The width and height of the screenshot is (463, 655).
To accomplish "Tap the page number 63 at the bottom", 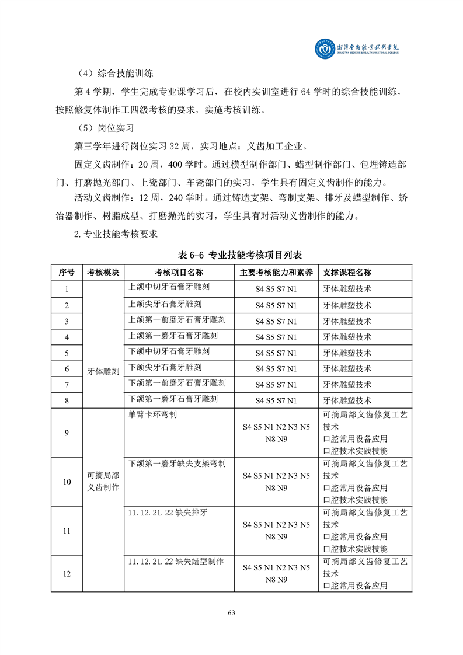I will pyautogui.click(x=231, y=612).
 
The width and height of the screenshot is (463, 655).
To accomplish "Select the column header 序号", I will pyautogui.click(x=67, y=273).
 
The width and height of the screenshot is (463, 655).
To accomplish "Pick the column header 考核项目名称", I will pyautogui.click(x=179, y=273).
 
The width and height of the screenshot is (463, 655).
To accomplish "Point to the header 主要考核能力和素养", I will pyautogui.click(x=276, y=273).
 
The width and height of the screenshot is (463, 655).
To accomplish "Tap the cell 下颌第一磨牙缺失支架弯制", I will pyautogui.click(x=177, y=463).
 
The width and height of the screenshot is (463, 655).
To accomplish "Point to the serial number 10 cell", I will pyautogui.click(x=67, y=482).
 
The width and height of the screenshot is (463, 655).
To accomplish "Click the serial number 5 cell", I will pyautogui.click(x=67, y=353).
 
